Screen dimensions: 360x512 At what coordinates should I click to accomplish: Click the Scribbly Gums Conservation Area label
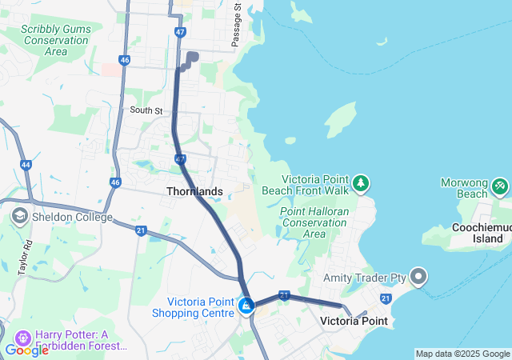click(x=56, y=40)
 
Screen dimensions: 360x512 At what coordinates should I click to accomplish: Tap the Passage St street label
click(x=237, y=24)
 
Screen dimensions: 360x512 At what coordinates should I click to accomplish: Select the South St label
click(x=146, y=110)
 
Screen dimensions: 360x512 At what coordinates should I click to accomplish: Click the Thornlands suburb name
click(x=194, y=192)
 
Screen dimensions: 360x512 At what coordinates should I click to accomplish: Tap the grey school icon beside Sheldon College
click(x=19, y=217)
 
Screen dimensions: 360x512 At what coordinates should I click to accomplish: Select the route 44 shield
click(x=26, y=165)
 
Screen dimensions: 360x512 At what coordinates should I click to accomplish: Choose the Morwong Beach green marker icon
click(x=500, y=186)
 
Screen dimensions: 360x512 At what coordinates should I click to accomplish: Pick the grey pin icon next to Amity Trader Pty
click(x=419, y=278)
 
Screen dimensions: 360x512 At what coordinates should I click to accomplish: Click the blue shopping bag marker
click(x=246, y=305)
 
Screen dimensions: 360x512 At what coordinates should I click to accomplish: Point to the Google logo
click(x=26, y=350)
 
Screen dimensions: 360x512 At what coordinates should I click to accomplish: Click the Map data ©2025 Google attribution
click(x=462, y=354)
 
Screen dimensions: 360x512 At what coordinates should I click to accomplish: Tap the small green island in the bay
click(x=342, y=121)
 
